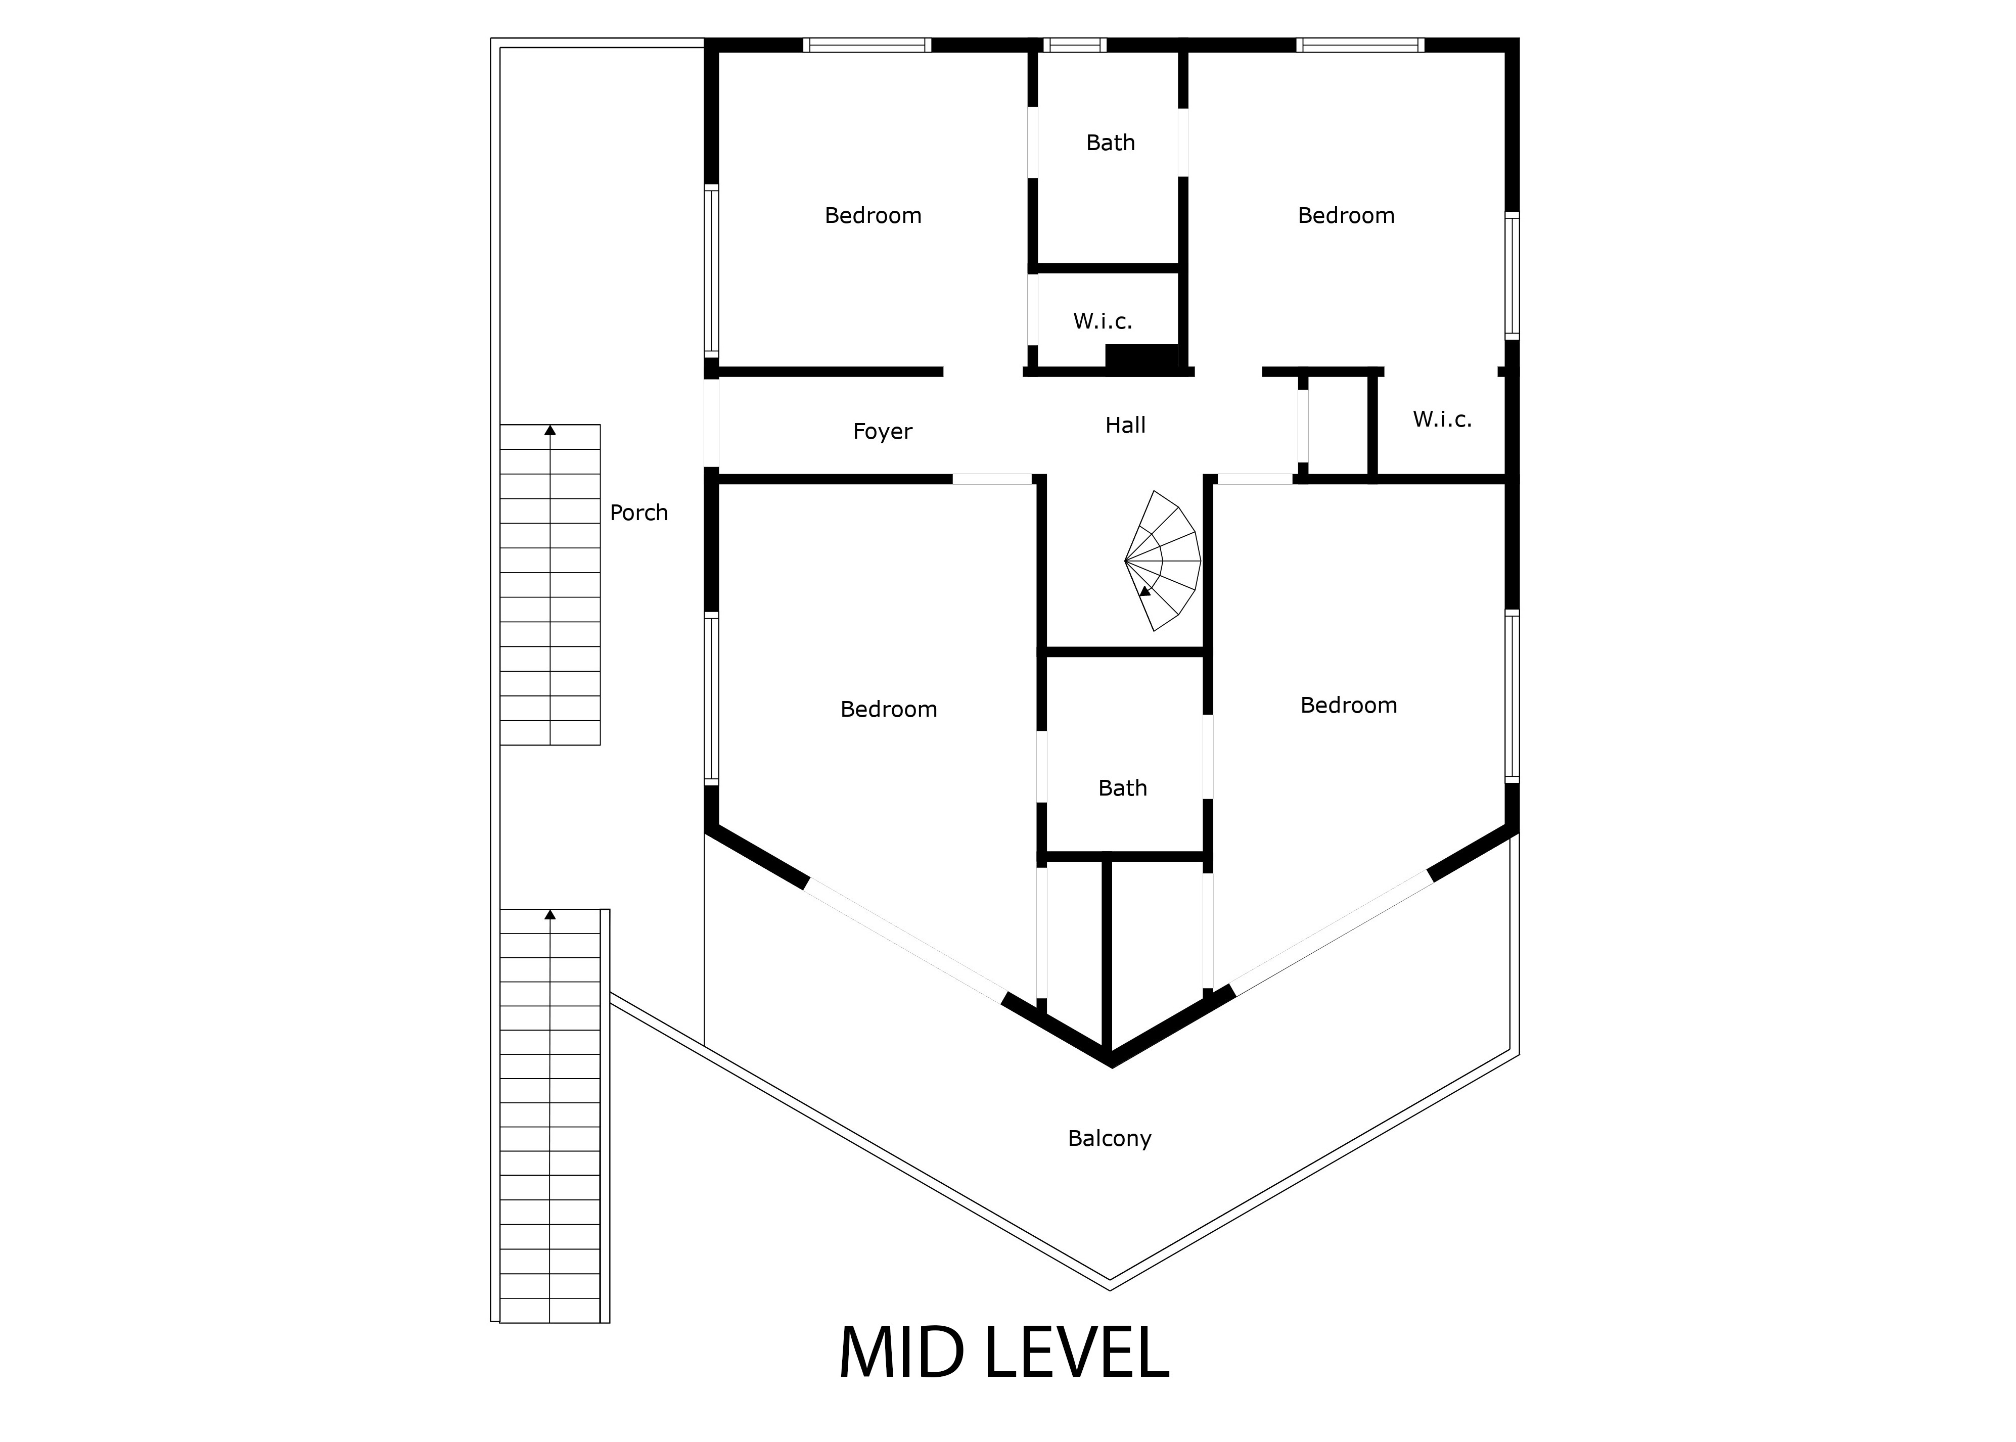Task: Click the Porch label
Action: [x=638, y=513]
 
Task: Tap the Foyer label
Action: [x=882, y=432]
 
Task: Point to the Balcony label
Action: [x=1109, y=1138]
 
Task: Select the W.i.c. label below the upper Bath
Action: [x=1102, y=321]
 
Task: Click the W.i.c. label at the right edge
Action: [x=1442, y=419]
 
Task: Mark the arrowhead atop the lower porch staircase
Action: [x=549, y=914]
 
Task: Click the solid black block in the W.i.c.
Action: [x=1141, y=355]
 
